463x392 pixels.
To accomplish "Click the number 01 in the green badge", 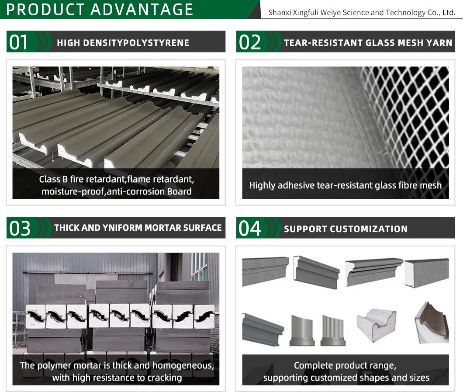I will click(19, 42).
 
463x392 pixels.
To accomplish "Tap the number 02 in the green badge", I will click(250, 42).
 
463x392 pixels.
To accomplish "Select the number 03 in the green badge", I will click(20, 229).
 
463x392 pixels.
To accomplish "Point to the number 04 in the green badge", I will click(250, 229).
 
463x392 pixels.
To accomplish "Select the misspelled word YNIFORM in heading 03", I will click(124, 228).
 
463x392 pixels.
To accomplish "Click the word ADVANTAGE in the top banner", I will click(146, 9).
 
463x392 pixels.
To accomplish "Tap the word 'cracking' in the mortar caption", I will click(165, 378).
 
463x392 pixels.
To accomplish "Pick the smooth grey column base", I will click(302, 330).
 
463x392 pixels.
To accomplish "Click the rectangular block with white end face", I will click(426, 274).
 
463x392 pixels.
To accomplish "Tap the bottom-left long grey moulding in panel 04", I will click(263, 329).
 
